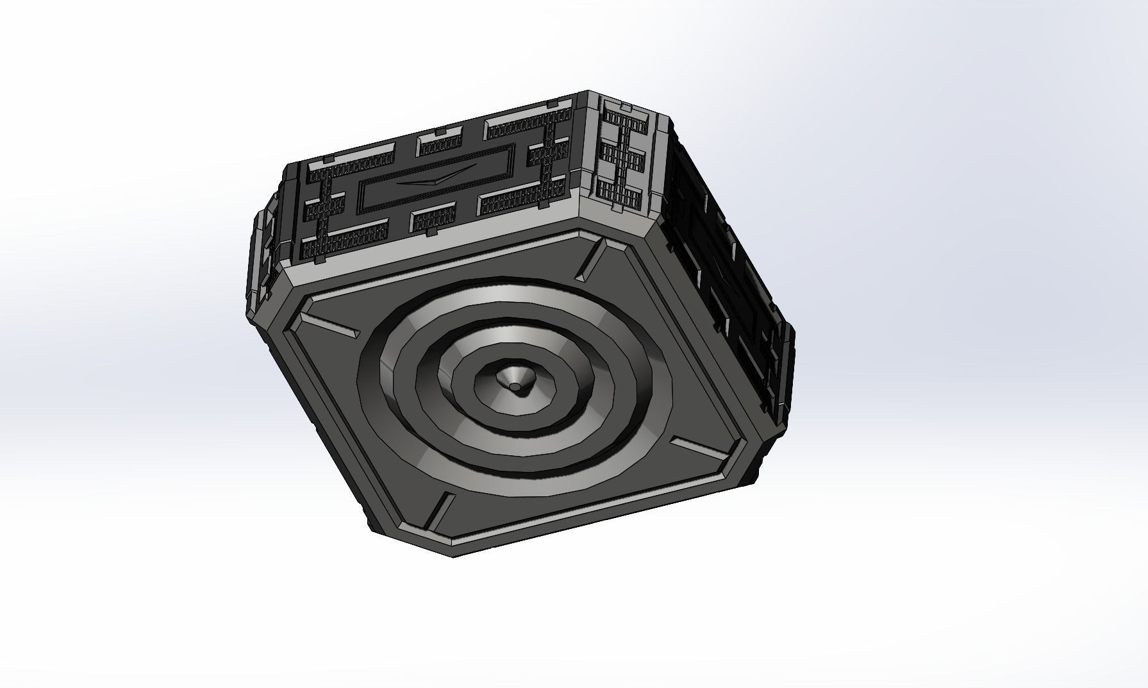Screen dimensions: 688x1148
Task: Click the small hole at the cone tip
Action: point(515,387)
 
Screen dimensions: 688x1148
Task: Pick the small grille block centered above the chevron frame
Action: point(440,144)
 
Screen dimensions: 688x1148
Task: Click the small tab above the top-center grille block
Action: point(440,132)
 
